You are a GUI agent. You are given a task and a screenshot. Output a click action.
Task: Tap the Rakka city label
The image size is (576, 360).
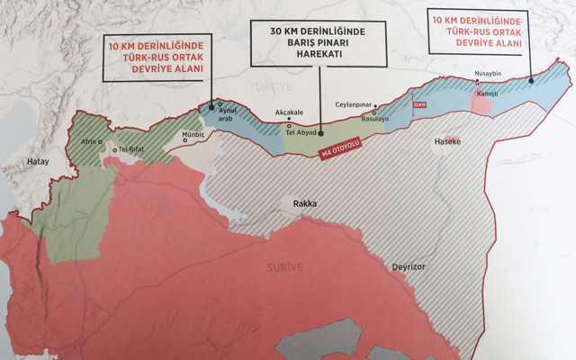(x=304, y=204)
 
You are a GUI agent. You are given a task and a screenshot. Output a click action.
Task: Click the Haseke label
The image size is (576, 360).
(x=447, y=142)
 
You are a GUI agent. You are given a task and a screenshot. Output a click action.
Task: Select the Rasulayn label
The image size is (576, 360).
(x=373, y=119)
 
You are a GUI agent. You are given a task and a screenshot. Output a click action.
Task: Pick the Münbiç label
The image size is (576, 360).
(x=193, y=135)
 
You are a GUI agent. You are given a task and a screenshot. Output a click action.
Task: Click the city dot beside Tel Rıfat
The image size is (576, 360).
(x=114, y=149)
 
